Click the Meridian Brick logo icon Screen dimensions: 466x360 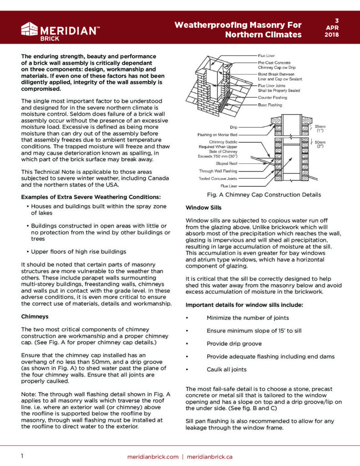30,29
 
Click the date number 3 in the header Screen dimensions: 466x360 337,20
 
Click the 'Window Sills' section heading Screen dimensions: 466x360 204,208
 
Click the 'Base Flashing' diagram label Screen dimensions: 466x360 270,105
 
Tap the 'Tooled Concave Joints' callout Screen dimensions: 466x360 218,178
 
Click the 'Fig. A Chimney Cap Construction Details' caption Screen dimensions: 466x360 264,195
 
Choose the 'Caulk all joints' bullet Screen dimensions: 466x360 227,369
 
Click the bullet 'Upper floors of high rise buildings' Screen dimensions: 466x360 79,252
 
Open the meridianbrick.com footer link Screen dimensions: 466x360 152,456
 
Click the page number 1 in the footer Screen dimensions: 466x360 22,456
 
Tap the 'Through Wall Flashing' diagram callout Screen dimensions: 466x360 218,171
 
